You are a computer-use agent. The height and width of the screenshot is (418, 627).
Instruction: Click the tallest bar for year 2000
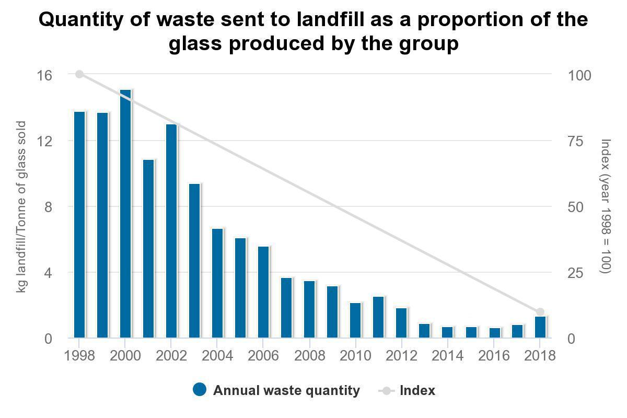click(125, 214)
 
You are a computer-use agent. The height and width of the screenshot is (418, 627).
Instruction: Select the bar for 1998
click(79, 225)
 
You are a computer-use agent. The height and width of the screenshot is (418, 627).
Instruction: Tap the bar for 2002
click(171, 231)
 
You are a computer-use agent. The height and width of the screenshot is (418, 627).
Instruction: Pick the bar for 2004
click(217, 283)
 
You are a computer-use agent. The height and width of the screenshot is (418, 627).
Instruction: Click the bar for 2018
click(540, 327)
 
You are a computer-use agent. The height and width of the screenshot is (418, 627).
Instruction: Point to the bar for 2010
click(355, 320)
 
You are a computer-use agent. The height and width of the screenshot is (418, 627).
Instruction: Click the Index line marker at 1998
click(79, 74)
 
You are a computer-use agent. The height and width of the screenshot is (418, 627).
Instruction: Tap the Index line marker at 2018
click(540, 312)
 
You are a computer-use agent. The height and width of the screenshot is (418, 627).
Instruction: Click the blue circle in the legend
click(200, 390)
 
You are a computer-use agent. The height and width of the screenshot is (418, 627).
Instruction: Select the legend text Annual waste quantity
click(286, 390)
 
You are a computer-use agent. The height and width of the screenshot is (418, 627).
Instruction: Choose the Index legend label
click(417, 390)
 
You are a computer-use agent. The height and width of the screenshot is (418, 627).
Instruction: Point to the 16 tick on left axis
click(45, 75)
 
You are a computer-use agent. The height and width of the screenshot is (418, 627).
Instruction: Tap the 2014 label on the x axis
click(448, 356)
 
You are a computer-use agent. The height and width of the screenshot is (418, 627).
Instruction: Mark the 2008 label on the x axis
click(309, 356)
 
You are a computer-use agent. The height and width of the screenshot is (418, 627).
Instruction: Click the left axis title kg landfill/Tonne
click(21, 206)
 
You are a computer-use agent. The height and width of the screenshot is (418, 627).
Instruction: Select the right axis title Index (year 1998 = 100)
click(606, 206)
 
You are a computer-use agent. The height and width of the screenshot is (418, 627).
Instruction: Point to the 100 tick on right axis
click(579, 75)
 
